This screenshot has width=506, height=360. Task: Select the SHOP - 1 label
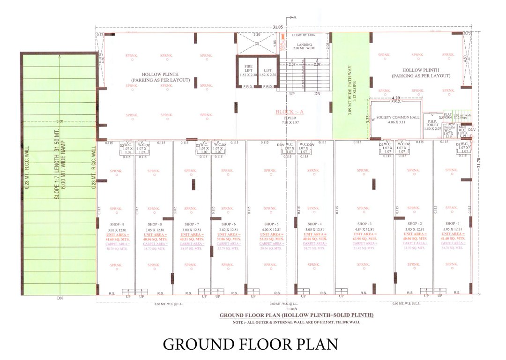pyautogui.click(x=452, y=224)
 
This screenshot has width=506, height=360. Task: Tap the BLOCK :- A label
pyautogui.click(x=290, y=112)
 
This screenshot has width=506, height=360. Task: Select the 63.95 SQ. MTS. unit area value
pyautogui.click(x=365, y=239)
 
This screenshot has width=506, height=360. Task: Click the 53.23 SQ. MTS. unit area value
pyautogui.click(x=271, y=239)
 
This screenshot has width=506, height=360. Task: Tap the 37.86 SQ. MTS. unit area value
pyautogui.click(x=228, y=239)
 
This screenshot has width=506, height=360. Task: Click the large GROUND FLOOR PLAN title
pyautogui.click(x=250, y=344)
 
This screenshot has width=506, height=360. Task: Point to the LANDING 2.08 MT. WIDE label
pyautogui.click(x=303, y=46)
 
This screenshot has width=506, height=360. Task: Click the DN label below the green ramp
pyautogui.click(x=60, y=298)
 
